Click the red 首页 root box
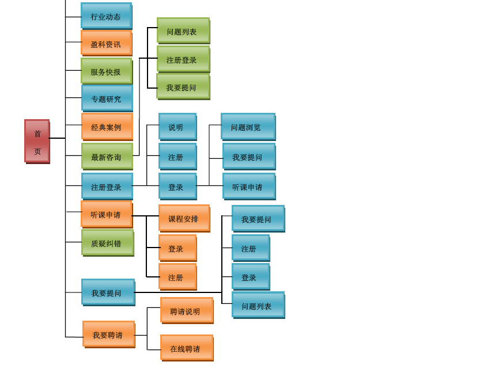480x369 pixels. (37, 141)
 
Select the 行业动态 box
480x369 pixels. (106, 16)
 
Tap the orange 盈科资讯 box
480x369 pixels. (106, 43)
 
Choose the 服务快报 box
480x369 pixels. (106, 71)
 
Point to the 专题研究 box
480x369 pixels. (107, 98)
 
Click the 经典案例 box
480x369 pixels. (107, 126)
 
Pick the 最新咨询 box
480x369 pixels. (107, 156)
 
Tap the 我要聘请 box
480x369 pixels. (108, 334)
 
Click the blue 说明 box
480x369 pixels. (177, 126)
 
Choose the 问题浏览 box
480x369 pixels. (248, 126)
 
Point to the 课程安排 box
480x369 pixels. (184, 218)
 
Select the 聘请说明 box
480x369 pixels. (186, 310)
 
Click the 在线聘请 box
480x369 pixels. (186, 348)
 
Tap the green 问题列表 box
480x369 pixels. (183, 31)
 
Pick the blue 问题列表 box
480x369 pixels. (258, 305)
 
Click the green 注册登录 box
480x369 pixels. (183, 59)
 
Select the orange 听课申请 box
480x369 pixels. (106, 214)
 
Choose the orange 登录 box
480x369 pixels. (177, 248)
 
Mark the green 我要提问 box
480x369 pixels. (183, 86)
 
